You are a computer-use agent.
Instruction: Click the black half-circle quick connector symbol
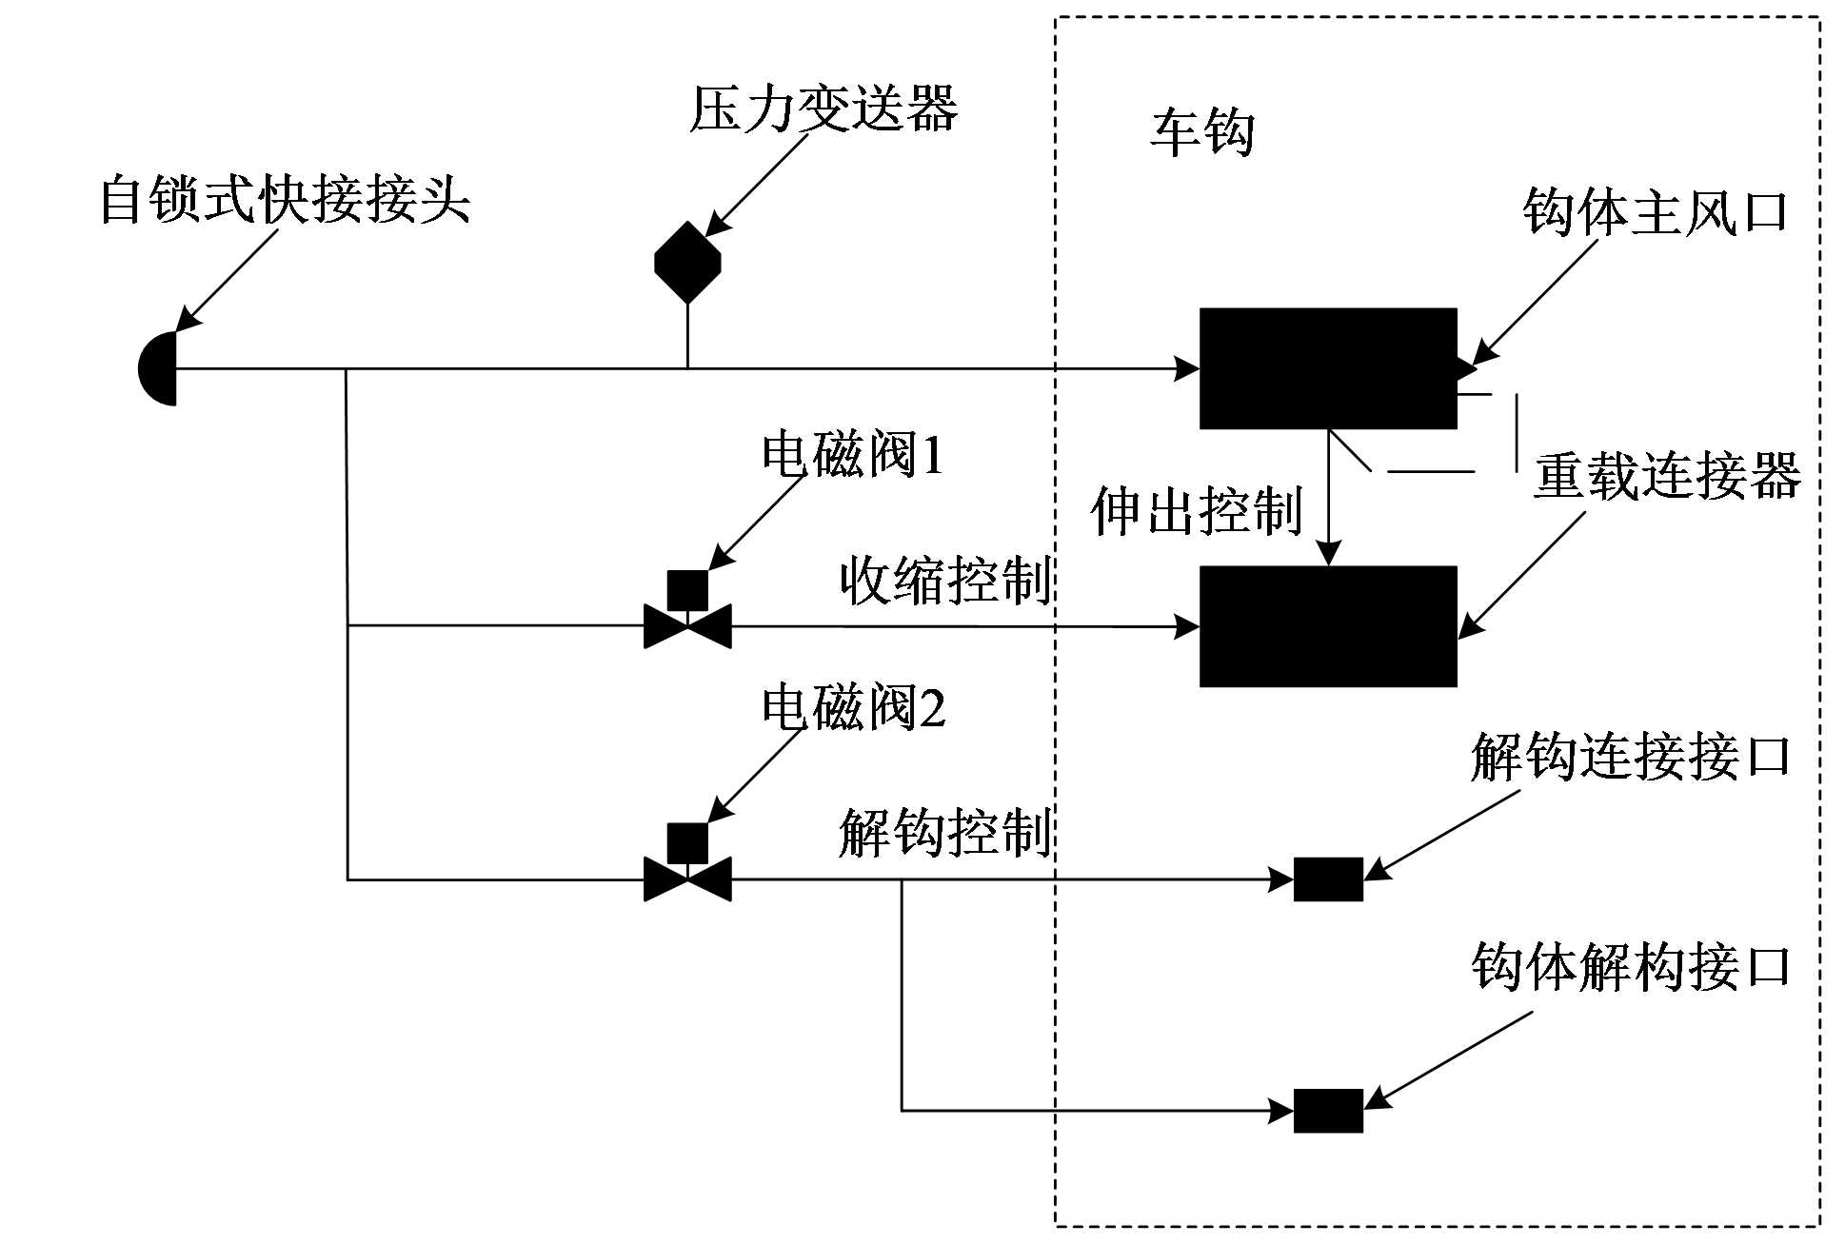coord(159,368)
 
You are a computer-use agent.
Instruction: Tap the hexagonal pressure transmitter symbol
coord(687,263)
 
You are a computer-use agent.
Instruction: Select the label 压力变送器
coord(823,109)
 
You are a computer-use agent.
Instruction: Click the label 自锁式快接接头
coord(286,199)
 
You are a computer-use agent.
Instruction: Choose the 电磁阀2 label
coord(853,707)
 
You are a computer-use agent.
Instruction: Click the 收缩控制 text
coord(945,581)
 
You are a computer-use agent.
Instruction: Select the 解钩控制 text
coord(945,833)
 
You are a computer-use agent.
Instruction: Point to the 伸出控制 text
coord(1197,511)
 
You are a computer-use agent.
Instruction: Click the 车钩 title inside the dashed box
coord(1202,131)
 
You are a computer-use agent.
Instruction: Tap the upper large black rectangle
coord(1328,368)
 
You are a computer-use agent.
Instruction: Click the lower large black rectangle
coord(1328,626)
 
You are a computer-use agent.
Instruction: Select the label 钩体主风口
coord(1656,210)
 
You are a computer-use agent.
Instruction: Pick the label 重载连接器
coord(1667,475)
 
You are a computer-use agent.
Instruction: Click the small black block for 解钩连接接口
coord(1328,879)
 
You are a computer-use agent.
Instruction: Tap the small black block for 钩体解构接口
coord(1328,1111)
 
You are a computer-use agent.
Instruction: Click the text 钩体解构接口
coord(1631,967)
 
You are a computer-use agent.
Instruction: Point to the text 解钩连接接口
coord(1631,758)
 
